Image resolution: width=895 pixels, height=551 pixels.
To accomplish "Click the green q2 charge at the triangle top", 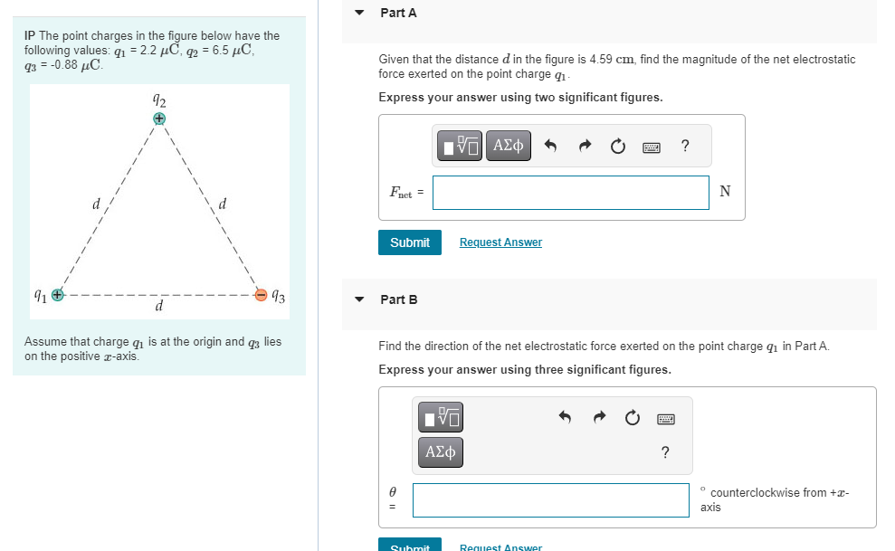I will click(x=159, y=118).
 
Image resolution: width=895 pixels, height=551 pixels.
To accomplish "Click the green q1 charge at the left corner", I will click(x=57, y=294).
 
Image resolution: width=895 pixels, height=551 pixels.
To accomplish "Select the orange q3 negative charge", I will click(x=262, y=294).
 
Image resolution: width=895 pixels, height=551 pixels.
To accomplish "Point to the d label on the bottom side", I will click(x=159, y=308).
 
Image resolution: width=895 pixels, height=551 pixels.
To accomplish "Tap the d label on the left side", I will click(x=96, y=204).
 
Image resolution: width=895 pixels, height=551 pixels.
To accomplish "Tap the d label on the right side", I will click(x=223, y=204).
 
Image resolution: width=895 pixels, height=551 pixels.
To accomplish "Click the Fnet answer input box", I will click(x=570, y=192).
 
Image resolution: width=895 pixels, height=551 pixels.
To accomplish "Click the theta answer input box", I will click(x=551, y=500).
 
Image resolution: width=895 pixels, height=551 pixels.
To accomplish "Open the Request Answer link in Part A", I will click(x=500, y=242).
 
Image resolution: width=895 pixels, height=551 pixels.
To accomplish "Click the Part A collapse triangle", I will click(x=359, y=13).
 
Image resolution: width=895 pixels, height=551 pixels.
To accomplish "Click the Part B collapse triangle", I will click(x=359, y=299).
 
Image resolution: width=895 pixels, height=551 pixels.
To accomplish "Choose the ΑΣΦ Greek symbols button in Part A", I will click(x=509, y=145).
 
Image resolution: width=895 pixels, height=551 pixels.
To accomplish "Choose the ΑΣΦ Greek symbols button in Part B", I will click(x=441, y=451).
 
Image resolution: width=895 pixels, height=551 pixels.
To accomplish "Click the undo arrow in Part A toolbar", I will click(x=549, y=146).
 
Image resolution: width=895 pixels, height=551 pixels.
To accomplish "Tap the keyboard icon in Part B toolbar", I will click(x=666, y=418).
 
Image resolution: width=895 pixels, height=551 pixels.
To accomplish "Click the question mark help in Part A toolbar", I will click(x=685, y=146).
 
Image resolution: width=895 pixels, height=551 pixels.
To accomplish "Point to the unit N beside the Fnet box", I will click(x=725, y=191).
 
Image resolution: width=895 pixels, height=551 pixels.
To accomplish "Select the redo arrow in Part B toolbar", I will click(x=598, y=418).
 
